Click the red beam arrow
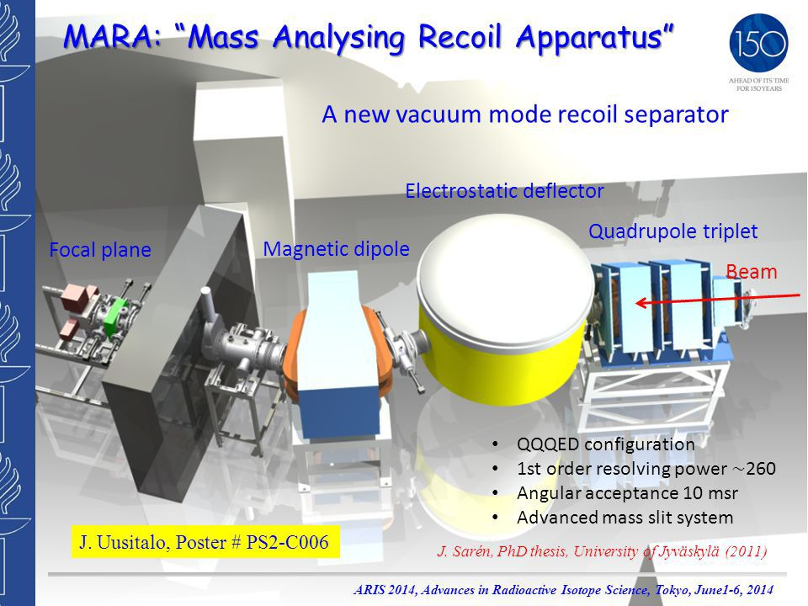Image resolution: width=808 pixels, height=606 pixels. (717, 299)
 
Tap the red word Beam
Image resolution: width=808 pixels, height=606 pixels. (752, 272)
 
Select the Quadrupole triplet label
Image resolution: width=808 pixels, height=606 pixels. (673, 231)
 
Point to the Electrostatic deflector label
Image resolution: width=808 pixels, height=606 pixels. (504, 191)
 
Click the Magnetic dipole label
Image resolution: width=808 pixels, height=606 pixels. (336, 249)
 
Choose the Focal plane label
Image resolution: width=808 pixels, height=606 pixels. (100, 250)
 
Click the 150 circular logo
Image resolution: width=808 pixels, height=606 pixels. (758, 43)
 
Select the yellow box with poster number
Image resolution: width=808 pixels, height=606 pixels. (205, 541)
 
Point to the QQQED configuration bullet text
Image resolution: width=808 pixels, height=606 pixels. (605, 444)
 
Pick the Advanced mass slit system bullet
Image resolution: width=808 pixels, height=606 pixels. (625, 518)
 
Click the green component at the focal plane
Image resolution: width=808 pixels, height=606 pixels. (115, 316)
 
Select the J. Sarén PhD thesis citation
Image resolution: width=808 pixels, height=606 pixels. (602, 551)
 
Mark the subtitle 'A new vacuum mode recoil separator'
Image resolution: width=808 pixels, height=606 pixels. (525, 114)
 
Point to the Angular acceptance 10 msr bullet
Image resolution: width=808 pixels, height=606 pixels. (627, 493)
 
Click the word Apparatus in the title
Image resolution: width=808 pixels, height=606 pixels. (595, 37)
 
